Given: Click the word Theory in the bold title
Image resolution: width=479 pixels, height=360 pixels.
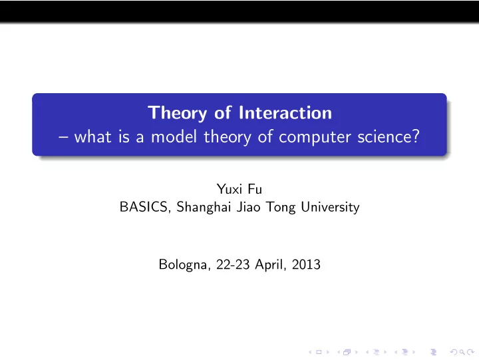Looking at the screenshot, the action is coord(177,113).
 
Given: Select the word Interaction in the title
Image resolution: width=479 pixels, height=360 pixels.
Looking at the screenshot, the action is coord(285,112).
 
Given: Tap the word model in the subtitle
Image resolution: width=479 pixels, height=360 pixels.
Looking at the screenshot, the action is coord(174,136).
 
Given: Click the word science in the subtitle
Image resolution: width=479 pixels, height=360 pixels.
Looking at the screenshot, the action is coord(385,136).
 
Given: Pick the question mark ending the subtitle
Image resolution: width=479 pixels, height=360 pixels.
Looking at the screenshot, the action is coord(416,136).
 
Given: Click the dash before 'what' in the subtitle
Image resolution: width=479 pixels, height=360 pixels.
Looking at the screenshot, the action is coord(63,138).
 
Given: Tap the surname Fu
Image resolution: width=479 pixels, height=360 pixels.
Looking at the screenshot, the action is coord(255,189).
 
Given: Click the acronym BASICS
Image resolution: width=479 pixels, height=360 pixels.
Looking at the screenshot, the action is coord(144,207).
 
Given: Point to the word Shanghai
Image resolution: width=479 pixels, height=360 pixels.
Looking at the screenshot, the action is coord(204,207).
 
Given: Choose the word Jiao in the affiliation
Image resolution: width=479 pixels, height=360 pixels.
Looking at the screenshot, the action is coord(249,207).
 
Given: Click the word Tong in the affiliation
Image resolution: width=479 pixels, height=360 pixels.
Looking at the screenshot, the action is coord(281,208).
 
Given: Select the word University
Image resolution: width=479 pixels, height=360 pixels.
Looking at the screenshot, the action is coord(330,208).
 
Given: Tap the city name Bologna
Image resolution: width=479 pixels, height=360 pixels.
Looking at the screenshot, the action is coord(184,265).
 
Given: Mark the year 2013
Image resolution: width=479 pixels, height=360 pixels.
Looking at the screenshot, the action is coord(306,264).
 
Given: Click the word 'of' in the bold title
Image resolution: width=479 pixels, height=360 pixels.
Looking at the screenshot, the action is coord(223,112).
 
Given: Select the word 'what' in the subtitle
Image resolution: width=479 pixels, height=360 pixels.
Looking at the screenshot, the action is coord(92,136).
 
